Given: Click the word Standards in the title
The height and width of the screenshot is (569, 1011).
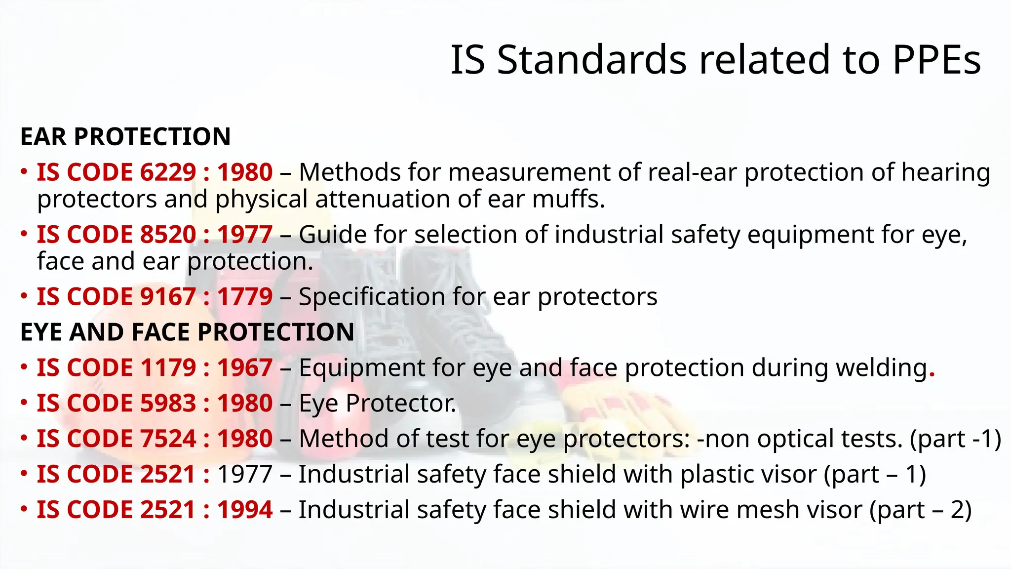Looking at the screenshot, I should pyautogui.click(x=592, y=60).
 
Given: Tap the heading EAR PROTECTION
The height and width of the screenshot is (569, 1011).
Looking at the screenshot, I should pyautogui.click(x=125, y=137).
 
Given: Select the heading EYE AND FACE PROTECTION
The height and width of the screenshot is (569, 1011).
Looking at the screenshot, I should pyautogui.click(x=187, y=332).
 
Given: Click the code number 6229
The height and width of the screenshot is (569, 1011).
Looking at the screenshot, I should pyautogui.click(x=168, y=172).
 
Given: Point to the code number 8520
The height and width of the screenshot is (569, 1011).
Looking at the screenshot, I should pyautogui.click(x=168, y=235).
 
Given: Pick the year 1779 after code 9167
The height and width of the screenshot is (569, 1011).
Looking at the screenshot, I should pyautogui.click(x=245, y=297).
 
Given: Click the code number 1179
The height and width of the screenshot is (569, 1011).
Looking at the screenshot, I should pyautogui.click(x=168, y=368).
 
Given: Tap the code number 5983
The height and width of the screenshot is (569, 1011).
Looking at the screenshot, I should pyautogui.click(x=168, y=404).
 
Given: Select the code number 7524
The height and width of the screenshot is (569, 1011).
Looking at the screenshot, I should pyautogui.click(x=168, y=439).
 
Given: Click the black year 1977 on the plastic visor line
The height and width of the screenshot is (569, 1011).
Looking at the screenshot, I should pyautogui.click(x=245, y=475).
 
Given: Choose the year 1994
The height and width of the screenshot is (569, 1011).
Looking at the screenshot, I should pyautogui.click(x=245, y=510).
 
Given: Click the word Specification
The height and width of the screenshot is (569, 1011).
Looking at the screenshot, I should pyautogui.click(x=372, y=297).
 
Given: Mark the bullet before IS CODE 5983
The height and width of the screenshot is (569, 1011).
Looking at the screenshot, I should pyautogui.click(x=24, y=403).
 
